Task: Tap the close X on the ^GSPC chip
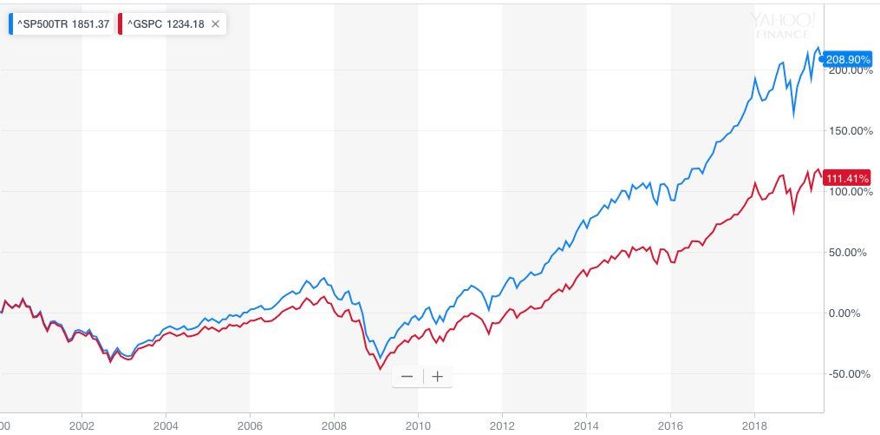215,24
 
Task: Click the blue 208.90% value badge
847,59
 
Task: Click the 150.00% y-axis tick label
849,131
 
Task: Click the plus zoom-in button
438,377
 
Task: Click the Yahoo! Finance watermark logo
782,24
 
